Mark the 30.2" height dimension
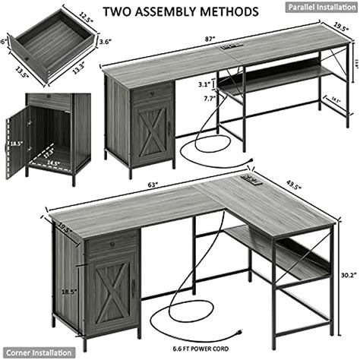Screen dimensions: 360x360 point(347,276)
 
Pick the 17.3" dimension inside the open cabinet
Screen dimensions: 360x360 point(49,150)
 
